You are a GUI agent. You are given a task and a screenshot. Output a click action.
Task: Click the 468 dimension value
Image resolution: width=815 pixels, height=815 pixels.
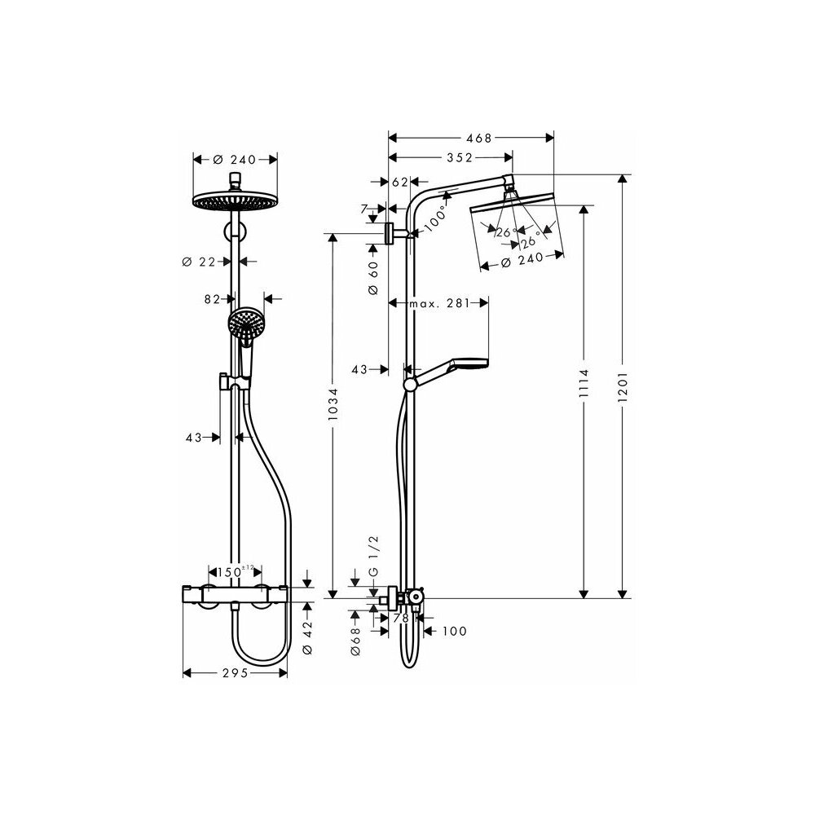coord(478,138)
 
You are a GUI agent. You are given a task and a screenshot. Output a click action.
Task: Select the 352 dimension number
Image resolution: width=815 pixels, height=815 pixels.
coord(460,157)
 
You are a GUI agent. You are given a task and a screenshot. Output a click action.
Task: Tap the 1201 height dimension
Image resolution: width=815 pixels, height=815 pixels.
coord(623,386)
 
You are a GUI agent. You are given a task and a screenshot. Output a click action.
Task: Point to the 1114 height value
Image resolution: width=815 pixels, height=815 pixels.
coord(584,383)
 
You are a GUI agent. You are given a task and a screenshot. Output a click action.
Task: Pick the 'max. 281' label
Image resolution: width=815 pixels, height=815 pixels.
coord(439,303)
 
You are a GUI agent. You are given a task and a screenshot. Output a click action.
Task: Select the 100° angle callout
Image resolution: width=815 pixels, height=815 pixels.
coord(435,219)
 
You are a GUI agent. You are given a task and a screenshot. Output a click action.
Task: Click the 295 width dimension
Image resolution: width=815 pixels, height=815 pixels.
coord(236,673)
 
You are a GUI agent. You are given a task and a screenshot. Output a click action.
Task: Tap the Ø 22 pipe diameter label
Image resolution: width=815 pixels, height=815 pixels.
coord(199,262)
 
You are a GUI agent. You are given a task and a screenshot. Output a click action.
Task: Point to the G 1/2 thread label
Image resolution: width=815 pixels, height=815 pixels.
coord(374,556)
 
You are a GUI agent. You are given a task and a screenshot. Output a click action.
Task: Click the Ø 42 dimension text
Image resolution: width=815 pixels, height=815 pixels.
coord(307,637)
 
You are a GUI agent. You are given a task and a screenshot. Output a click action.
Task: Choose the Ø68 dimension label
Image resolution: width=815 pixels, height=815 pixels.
coord(355,641)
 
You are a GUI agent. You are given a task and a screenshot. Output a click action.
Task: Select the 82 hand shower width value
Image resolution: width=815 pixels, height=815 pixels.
coord(212,299)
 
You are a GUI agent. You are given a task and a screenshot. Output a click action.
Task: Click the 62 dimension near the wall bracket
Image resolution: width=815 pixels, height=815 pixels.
coord(400,182)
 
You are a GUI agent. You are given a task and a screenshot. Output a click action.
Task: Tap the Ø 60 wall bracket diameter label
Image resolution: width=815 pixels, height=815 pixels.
coord(373,278)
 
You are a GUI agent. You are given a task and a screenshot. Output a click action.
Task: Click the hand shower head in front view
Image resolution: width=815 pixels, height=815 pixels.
coord(246,324)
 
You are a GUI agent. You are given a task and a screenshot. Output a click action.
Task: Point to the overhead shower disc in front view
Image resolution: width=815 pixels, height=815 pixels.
coord(235,201)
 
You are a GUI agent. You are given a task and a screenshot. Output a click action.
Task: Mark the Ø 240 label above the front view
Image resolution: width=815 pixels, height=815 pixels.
coord(235,160)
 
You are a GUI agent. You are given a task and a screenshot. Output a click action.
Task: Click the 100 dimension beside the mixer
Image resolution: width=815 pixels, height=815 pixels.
coord(455,631)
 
